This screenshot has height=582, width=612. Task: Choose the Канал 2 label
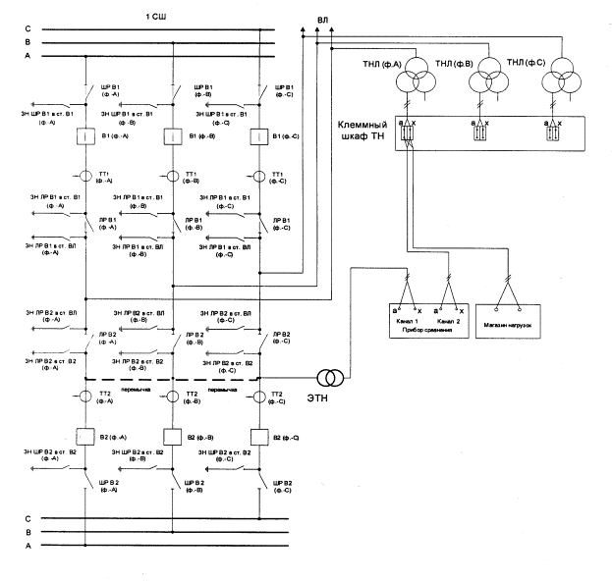[x=446, y=323]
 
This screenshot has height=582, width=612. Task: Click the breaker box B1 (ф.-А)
[x=85, y=138]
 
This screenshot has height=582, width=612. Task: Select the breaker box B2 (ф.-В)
[x=173, y=435]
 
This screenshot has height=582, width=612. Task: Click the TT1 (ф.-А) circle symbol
[x=85, y=177]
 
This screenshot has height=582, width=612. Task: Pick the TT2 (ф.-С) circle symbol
[x=260, y=397]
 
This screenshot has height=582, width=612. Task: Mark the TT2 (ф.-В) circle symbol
[x=173, y=397]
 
